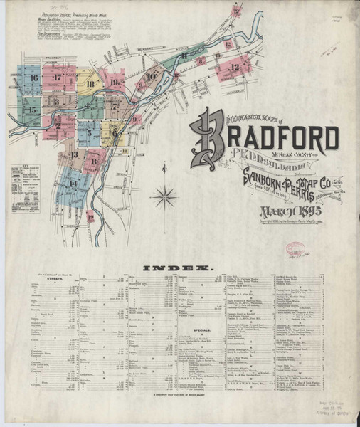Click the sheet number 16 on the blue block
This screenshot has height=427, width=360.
(33, 77)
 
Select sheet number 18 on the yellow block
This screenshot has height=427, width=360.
(89, 84)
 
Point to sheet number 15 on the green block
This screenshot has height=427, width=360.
(31, 110)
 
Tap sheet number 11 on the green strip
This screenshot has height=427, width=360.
(184, 55)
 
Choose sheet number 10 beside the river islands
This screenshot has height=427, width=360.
(152, 77)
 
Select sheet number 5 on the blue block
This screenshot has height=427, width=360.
(88, 130)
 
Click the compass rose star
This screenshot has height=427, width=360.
(165, 195)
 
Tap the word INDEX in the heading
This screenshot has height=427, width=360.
(179, 268)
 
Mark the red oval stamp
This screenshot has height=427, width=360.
(293, 251)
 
